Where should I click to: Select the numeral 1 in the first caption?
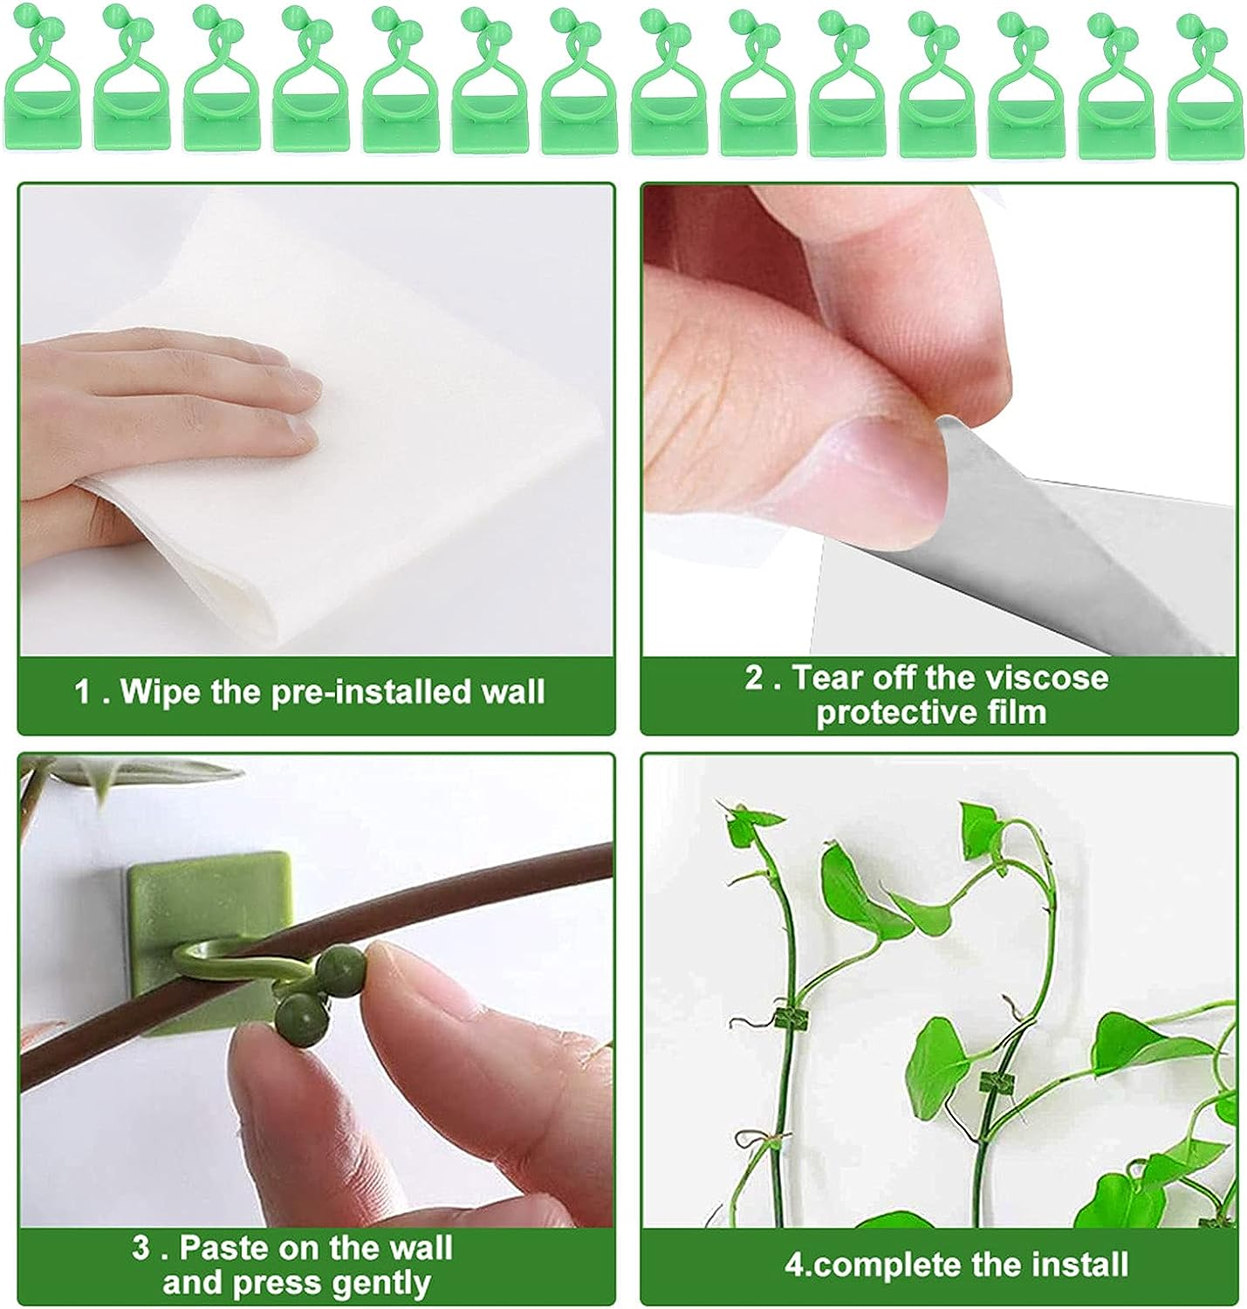84,692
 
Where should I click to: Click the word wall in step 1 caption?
515,692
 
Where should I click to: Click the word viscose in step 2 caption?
1048,677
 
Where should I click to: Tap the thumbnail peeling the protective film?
939,419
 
